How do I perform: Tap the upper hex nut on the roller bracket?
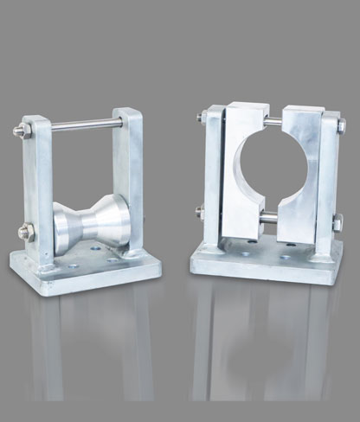click(18, 132)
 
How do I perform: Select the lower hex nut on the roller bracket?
click(24, 230)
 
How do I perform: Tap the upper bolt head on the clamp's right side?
click(341, 126)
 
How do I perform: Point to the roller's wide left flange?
click(61, 226)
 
